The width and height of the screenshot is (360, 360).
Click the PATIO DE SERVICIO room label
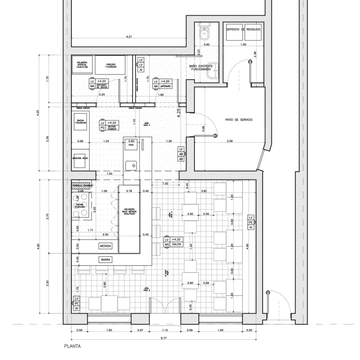(239, 120)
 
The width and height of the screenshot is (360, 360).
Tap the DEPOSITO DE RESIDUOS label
(243, 30)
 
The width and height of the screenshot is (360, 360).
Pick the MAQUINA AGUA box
(80, 159)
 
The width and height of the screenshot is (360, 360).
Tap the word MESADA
(105, 246)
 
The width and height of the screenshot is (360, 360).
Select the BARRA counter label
(106, 260)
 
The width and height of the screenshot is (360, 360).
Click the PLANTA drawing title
(72, 346)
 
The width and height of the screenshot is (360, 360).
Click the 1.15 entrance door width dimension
(165, 330)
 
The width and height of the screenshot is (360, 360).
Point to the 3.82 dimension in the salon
(203, 191)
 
